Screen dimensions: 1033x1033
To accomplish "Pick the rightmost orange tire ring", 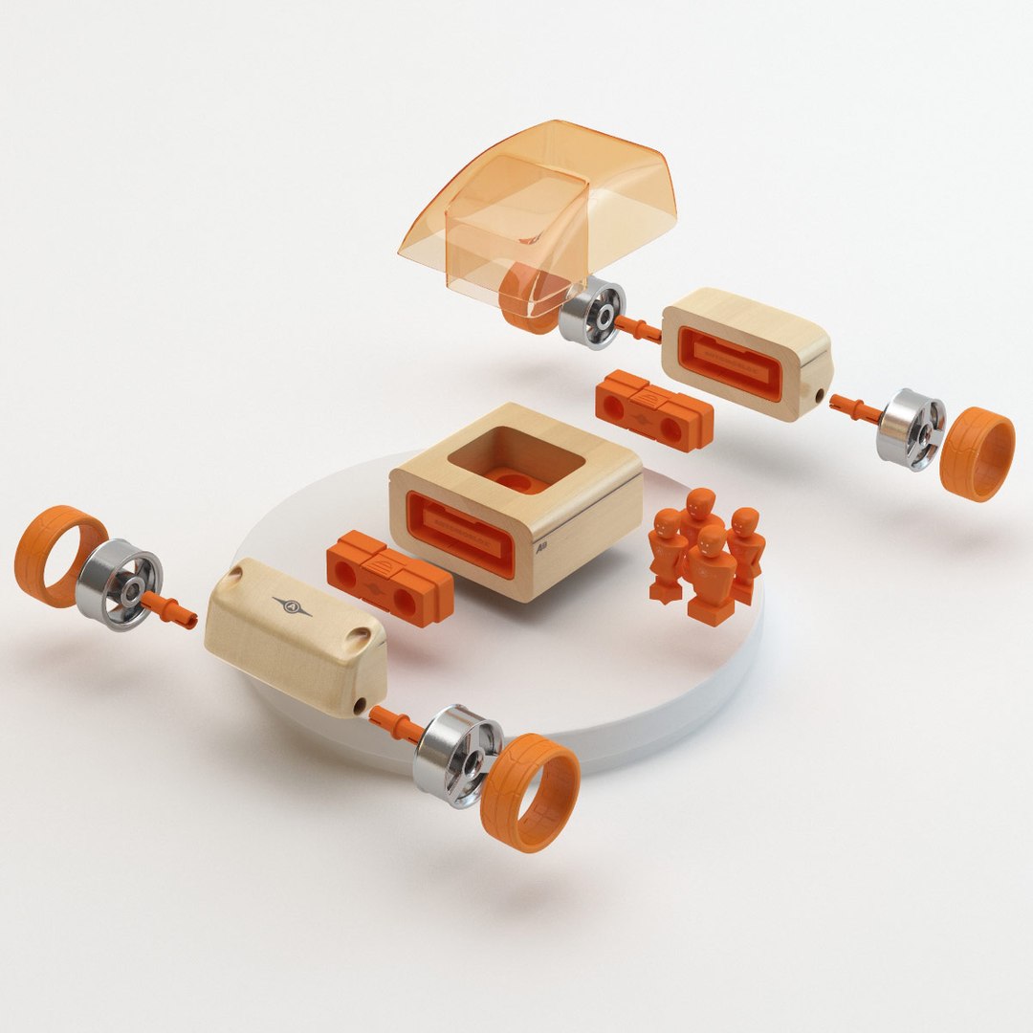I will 977,453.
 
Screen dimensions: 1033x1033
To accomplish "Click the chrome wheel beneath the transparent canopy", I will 590,312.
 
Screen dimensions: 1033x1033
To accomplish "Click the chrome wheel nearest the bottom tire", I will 456,755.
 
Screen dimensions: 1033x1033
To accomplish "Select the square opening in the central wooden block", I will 516,460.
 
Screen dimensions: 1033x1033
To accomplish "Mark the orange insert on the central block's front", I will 458,533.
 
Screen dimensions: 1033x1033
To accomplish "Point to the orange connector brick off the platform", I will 653,410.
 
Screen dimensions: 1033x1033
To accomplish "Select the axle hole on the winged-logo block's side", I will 359,705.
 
